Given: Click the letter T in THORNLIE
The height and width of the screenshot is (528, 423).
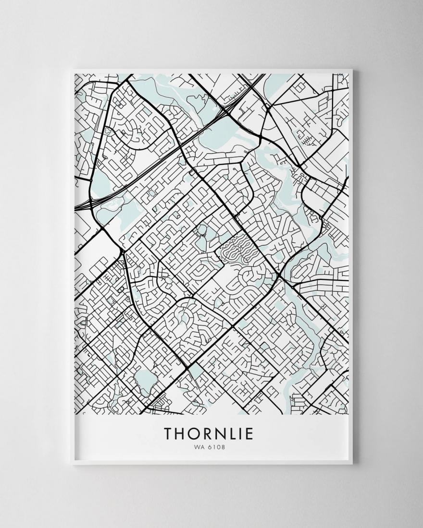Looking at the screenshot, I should click(169, 433).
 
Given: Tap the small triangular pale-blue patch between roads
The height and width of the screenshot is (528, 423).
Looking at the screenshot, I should click(196, 370).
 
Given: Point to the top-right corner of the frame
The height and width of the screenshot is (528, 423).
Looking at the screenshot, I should click(352, 71).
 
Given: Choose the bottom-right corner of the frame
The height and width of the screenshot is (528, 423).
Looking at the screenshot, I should click(352, 464).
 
